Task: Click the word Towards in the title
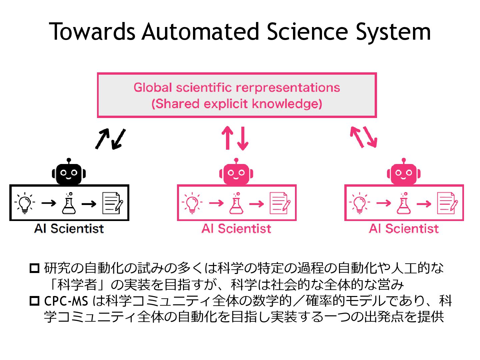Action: coord(92,32)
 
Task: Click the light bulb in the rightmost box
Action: coord(359,203)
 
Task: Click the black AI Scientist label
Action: coord(69,229)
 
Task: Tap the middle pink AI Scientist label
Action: coord(236,229)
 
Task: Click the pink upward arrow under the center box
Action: coord(228,137)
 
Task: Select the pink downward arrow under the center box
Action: coord(243,138)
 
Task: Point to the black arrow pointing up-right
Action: coord(102,138)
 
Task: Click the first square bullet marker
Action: coord(34,268)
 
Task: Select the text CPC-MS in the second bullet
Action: coord(66,301)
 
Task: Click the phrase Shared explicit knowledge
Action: coord(237,104)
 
